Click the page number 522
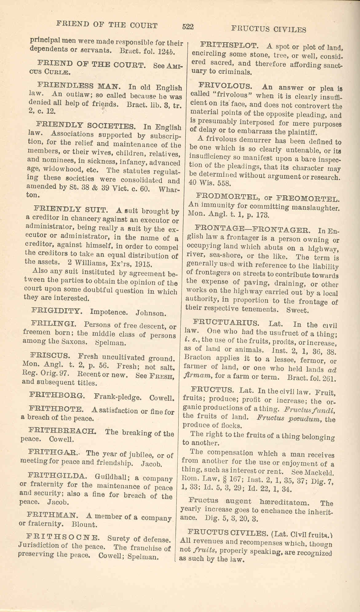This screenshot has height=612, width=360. click(x=188, y=27)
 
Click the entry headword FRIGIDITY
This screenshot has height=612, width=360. click(x=57, y=311)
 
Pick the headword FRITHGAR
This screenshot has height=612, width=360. click(x=53, y=453)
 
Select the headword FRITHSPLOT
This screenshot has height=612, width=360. click(x=229, y=46)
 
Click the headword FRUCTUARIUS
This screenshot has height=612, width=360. click(x=226, y=323)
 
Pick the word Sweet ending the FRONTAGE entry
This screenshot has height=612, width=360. click(x=297, y=310)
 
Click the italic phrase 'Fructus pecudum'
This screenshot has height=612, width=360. click(x=290, y=418)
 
